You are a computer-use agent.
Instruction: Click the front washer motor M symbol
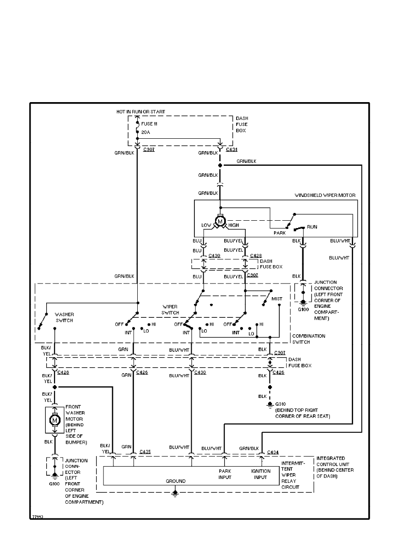pyautogui.click(x=55, y=419)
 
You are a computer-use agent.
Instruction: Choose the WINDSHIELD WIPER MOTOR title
pyautogui.click(x=325, y=196)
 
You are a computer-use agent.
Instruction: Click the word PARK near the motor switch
pyautogui.click(x=280, y=233)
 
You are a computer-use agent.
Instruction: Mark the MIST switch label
pyautogui.click(x=277, y=299)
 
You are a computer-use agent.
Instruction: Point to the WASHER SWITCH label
pyautogui.click(x=65, y=317)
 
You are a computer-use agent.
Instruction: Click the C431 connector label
pyautogui.click(x=232, y=149)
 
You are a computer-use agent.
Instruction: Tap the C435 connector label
pyautogui.click(x=145, y=452)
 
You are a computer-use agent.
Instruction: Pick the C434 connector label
pyautogui.click(x=273, y=452)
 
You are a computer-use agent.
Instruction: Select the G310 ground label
pyautogui.click(x=280, y=404)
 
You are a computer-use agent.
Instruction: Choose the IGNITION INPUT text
pyautogui.click(x=260, y=474)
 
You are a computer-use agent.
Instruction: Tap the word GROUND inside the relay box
pyautogui.click(x=175, y=481)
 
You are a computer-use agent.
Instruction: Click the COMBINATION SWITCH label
pyautogui.click(x=309, y=339)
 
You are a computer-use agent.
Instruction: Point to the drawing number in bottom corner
pyautogui.click(x=38, y=517)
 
